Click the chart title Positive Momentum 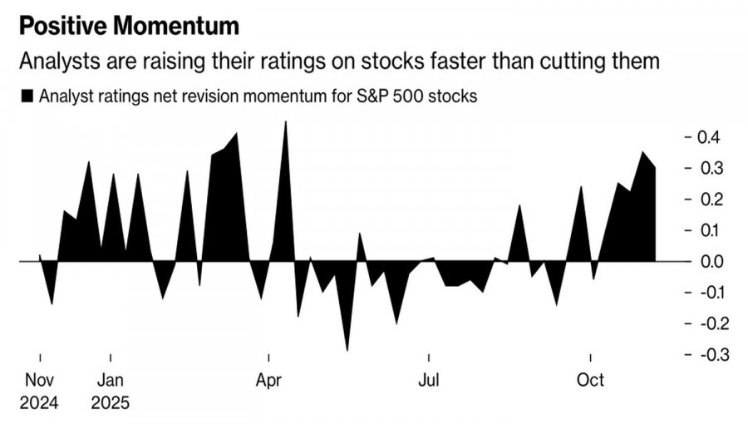tap(129, 26)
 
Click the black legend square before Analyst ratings tap(26, 96)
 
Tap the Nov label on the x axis tap(40, 382)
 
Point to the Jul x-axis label tap(429, 382)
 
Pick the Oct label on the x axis tap(590, 382)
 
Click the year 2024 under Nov tap(40, 403)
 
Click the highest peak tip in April tap(286, 122)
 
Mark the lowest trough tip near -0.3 tap(347, 350)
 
